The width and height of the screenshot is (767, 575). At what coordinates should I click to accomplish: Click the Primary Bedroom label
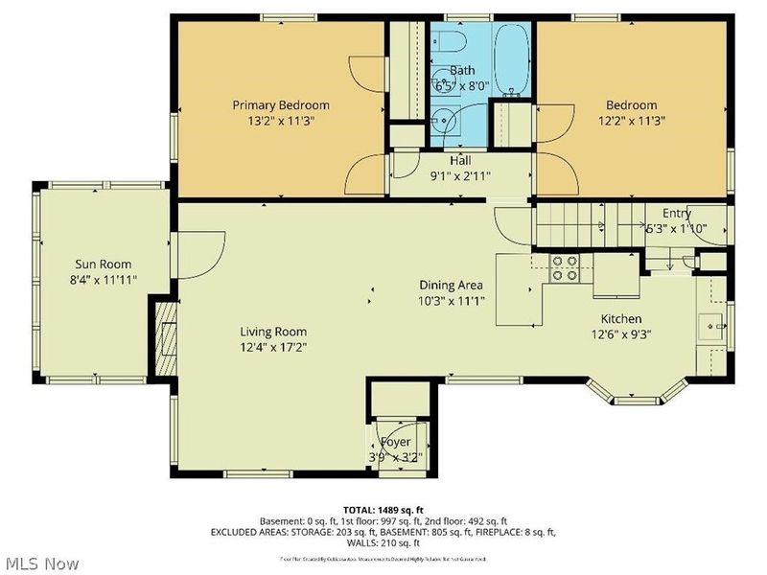(282, 105)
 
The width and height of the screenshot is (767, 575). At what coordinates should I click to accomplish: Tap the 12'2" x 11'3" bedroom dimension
(631, 121)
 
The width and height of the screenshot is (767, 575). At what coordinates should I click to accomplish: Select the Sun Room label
(104, 264)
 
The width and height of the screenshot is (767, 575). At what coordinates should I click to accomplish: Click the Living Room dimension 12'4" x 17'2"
(274, 347)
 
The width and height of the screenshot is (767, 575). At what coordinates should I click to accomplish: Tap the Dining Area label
(451, 286)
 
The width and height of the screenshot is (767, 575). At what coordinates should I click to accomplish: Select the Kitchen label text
(621, 319)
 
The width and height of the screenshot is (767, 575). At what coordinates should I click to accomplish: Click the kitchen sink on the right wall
(710, 327)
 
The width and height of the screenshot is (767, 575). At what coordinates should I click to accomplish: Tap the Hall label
(459, 161)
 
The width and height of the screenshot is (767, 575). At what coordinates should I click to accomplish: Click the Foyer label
(395, 442)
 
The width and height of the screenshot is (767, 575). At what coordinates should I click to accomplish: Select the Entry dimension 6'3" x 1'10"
(675, 228)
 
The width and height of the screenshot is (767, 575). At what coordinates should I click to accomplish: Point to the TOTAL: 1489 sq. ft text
(383, 509)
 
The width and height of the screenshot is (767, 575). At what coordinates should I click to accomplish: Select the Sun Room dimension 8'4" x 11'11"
(104, 281)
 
